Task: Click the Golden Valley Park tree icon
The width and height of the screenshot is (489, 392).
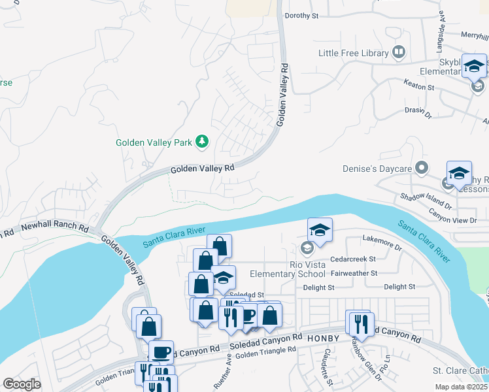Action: tap(203, 141)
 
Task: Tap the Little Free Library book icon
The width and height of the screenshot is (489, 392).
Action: tap(399, 52)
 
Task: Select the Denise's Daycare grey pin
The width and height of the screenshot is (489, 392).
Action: tap(422, 169)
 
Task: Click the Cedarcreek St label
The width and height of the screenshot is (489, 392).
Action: tap(353, 259)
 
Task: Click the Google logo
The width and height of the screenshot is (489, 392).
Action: tap(22, 384)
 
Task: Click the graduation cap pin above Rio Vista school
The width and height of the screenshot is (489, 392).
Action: tap(319, 229)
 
